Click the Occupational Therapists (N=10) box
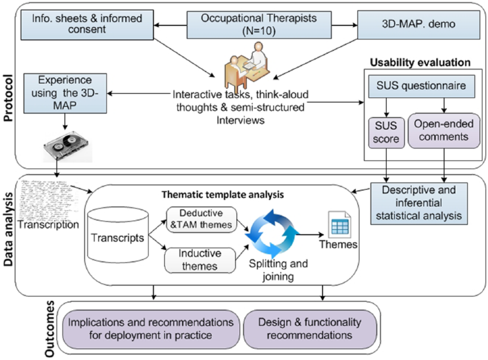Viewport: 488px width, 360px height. pos(259,25)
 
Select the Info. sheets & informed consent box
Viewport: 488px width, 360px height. pos(87,25)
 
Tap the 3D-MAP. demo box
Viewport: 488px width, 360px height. pos(419,25)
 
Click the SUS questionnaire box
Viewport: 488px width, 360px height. pos(421,87)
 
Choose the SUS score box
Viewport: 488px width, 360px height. pos(386,133)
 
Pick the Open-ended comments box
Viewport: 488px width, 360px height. pos(444,130)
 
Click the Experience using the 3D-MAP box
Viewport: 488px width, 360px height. pos(65,93)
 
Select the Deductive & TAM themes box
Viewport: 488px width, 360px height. pos(201,219)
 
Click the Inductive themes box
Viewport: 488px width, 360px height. pos(200,260)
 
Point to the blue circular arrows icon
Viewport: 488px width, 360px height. pos(272,234)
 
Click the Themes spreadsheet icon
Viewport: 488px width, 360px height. pos(340,224)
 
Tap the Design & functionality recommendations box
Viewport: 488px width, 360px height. pos(310,329)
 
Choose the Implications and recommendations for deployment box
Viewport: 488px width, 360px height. pos(151,329)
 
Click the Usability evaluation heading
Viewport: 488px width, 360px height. pos(420,63)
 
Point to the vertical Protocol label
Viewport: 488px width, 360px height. pos(8,98)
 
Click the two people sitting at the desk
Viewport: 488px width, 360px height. pos(247,65)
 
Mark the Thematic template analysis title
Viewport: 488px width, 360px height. pos(223,194)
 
